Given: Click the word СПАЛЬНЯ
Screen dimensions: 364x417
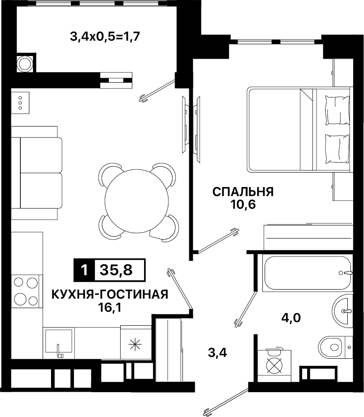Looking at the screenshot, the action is coord(243,192).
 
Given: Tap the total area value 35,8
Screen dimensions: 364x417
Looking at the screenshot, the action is coord(116,270).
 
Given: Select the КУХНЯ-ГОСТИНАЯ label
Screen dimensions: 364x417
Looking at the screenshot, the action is coord(110,295).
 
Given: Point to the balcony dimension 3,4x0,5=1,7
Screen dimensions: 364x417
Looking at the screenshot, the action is coord(105,37).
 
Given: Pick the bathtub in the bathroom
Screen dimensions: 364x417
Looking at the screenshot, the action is coord(307,273).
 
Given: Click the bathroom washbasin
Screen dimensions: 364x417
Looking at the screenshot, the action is coord(343,311).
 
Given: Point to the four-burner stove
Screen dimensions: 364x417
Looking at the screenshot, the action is coord(26,291).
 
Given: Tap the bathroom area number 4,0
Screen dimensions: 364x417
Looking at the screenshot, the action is coord(291,318).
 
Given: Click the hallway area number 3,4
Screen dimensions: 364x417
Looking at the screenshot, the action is coord(218,353).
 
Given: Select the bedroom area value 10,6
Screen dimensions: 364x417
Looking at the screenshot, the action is coord(243,205).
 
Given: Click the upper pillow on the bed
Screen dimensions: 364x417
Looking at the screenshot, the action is coord(337,110).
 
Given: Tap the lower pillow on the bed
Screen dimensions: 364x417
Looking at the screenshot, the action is coord(337,149).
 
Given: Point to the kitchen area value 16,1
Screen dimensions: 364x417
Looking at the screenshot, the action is coord(110,308).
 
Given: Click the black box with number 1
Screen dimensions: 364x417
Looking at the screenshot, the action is coord(84,270).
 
